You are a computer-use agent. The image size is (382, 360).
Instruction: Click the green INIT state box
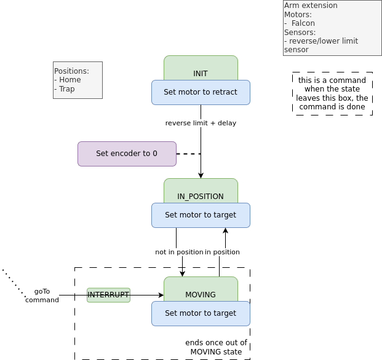(201, 69)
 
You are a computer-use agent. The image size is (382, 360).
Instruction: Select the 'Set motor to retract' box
(201, 93)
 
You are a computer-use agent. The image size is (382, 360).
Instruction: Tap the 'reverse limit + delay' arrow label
(201, 123)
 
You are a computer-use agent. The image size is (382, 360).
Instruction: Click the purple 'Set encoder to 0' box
(127, 154)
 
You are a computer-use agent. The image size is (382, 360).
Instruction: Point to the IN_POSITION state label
(201, 196)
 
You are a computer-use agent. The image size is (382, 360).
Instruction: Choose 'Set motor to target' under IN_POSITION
(201, 216)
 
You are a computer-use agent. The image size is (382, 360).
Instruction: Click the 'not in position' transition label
(179, 252)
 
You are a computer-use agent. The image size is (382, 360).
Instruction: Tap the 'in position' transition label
(222, 252)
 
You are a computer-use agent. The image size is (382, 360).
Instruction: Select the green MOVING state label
(201, 294)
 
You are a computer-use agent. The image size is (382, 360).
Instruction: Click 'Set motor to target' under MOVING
(201, 313)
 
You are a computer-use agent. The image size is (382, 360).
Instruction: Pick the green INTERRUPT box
(108, 295)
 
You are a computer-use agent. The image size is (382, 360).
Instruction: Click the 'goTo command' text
(42, 295)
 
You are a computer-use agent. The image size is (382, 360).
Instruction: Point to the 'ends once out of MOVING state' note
(216, 347)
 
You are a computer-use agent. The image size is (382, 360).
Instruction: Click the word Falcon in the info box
(303, 23)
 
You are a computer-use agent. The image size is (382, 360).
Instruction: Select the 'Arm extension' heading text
(311, 6)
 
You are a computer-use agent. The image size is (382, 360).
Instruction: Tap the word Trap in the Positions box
(66, 89)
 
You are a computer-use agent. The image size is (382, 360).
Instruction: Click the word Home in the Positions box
(70, 80)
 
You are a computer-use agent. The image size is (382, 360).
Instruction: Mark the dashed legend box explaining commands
(332, 93)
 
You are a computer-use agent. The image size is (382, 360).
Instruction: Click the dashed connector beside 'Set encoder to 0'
(188, 154)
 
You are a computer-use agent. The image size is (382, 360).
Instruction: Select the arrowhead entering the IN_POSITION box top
(201, 176)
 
